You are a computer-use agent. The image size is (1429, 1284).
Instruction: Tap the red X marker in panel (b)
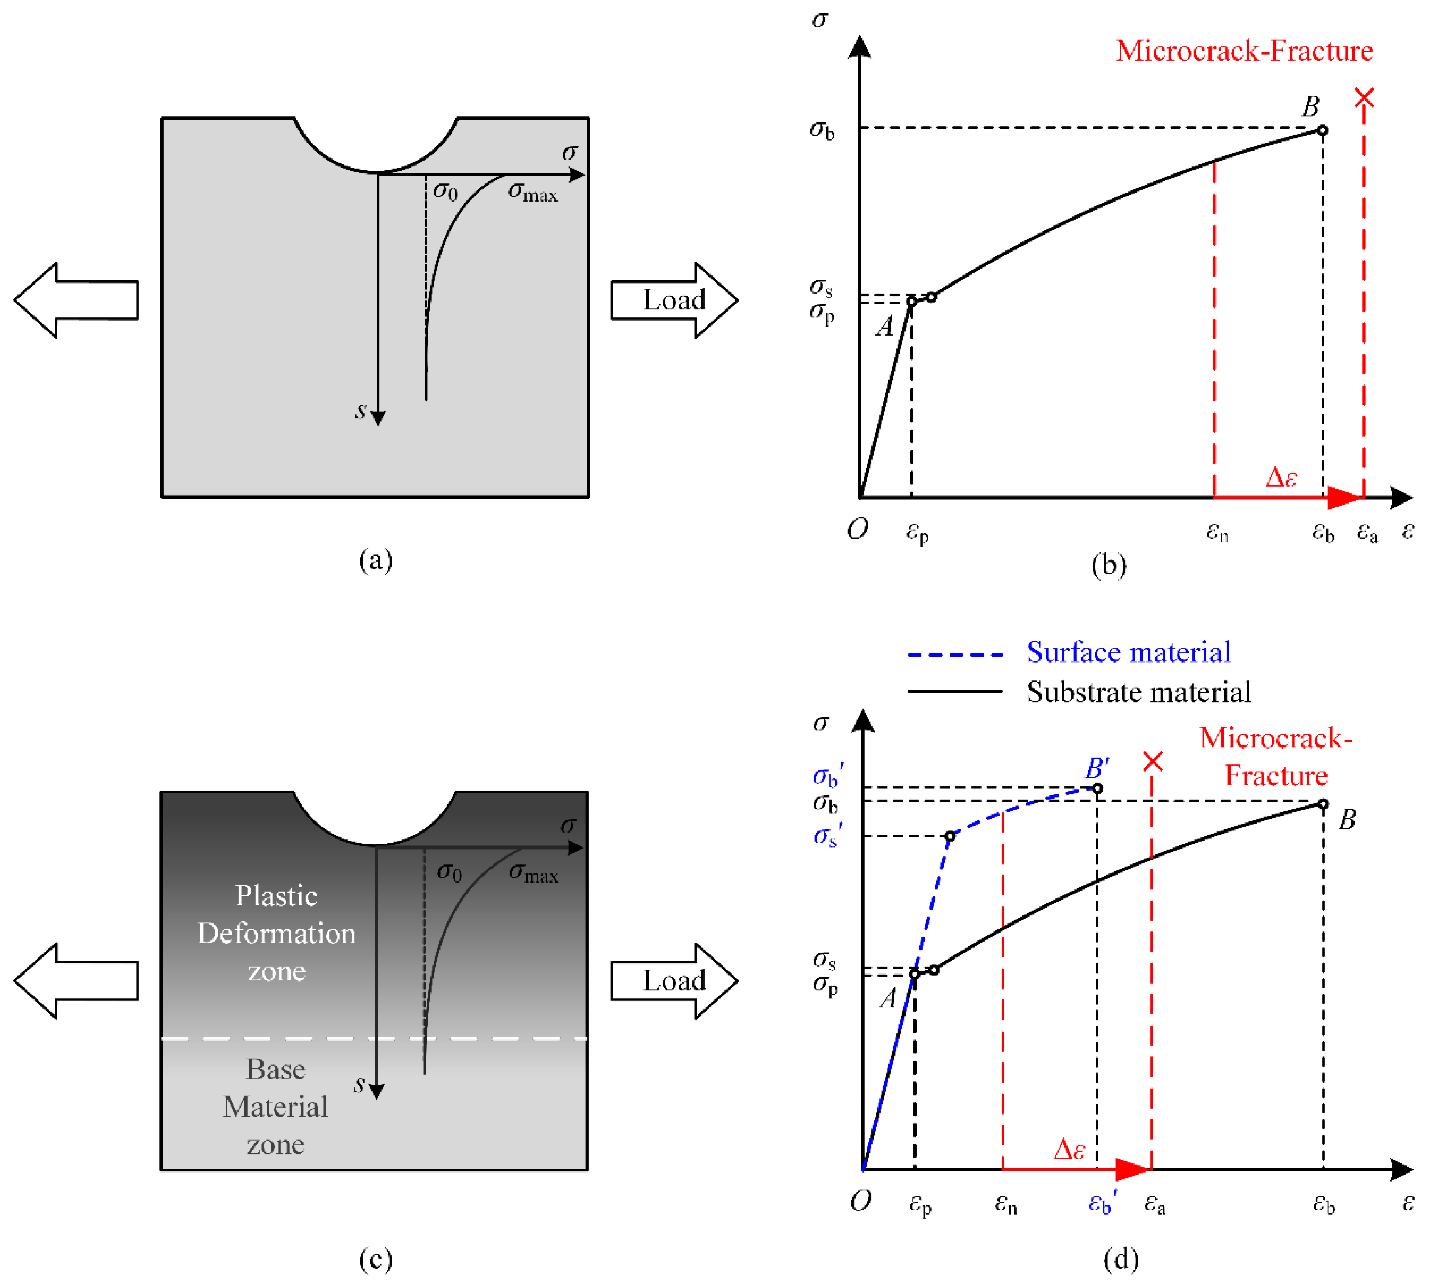tap(1363, 97)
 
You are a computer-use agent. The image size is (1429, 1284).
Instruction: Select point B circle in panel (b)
tap(1323, 130)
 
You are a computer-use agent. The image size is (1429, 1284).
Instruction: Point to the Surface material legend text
tap(1128, 652)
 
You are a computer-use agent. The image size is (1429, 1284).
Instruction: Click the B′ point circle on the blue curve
tap(1097, 788)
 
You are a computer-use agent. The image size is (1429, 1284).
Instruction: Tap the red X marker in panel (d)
tap(1153, 761)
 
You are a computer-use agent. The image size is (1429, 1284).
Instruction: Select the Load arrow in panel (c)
tap(674, 981)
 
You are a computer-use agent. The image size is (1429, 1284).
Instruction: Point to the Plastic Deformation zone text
tap(276, 933)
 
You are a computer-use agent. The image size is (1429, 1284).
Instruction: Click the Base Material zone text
tap(276, 1106)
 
